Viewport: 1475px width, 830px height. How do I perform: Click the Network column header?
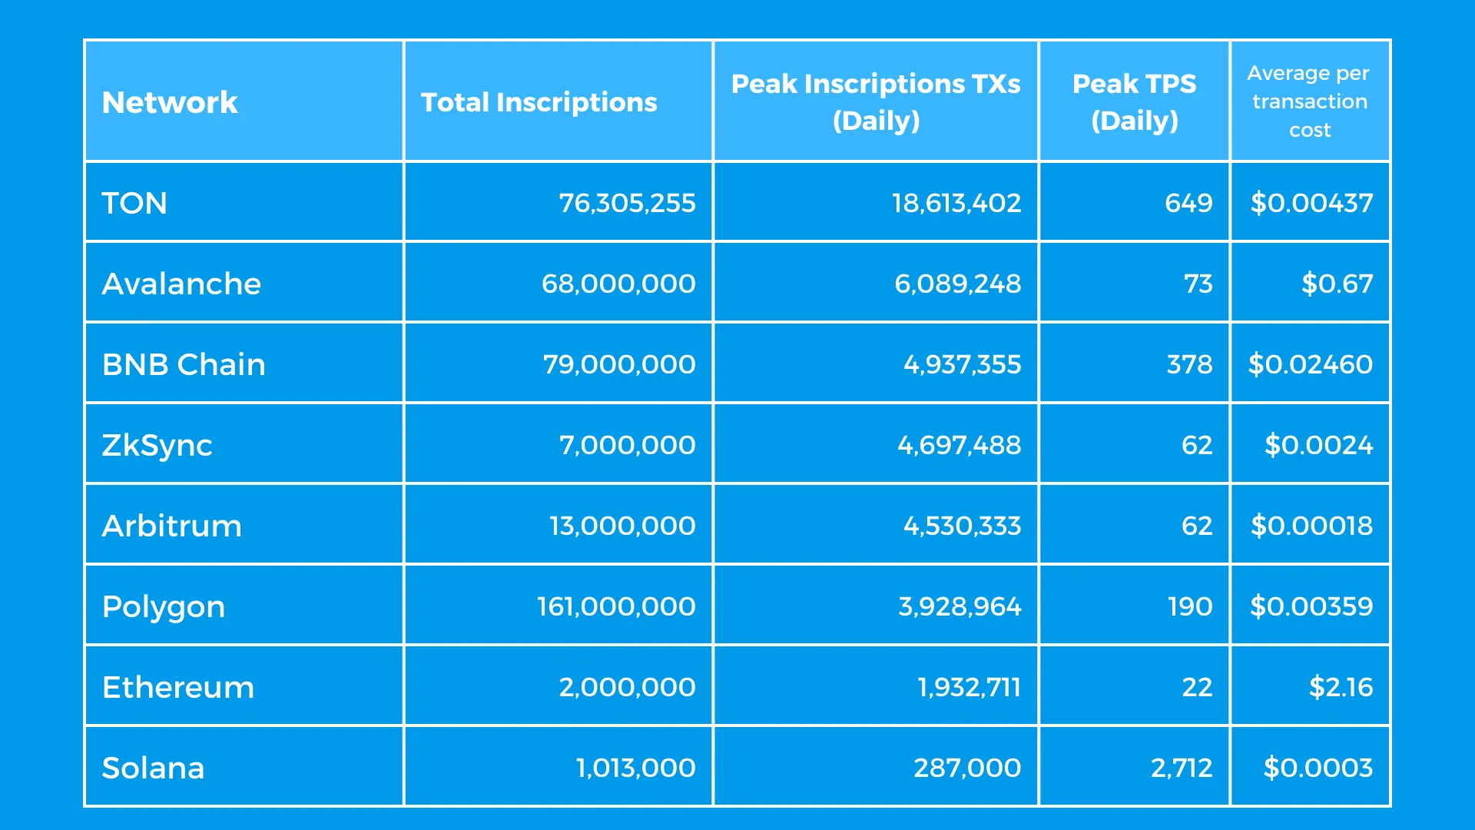click(x=170, y=102)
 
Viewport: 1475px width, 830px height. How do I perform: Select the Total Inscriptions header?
click(x=539, y=102)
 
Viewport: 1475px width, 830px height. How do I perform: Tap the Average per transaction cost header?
click(x=1309, y=101)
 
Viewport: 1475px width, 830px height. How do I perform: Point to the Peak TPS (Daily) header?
click(x=1134, y=101)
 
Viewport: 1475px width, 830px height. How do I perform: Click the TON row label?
click(x=134, y=203)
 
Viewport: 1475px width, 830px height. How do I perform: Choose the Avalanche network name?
click(x=181, y=284)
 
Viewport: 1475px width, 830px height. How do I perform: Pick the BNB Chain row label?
click(x=184, y=364)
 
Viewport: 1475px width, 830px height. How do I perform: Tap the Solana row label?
click(x=153, y=768)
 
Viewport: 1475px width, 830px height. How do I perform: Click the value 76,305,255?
click(x=627, y=203)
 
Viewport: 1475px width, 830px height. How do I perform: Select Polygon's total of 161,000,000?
click(x=616, y=606)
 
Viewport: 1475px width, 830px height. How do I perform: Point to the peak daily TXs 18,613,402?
click(x=956, y=203)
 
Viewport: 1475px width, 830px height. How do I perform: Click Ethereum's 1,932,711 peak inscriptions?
click(x=969, y=687)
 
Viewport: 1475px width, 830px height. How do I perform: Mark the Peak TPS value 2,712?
click(x=1182, y=768)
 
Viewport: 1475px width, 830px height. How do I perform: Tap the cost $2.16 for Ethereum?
click(x=1341, y=687)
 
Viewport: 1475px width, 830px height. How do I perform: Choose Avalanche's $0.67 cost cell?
click(x=1337, y=284)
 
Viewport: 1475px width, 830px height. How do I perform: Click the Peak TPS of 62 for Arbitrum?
click(x=1197, y=526)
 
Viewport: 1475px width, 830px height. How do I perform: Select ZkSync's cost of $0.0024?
click(x=1318, y=445)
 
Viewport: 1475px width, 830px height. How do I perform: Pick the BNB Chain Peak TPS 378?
click(x=1189, y=364)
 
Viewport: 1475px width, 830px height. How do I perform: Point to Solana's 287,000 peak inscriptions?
click(x=967, y=768)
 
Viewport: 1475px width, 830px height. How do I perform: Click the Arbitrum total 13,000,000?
click(x=622, y=526)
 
